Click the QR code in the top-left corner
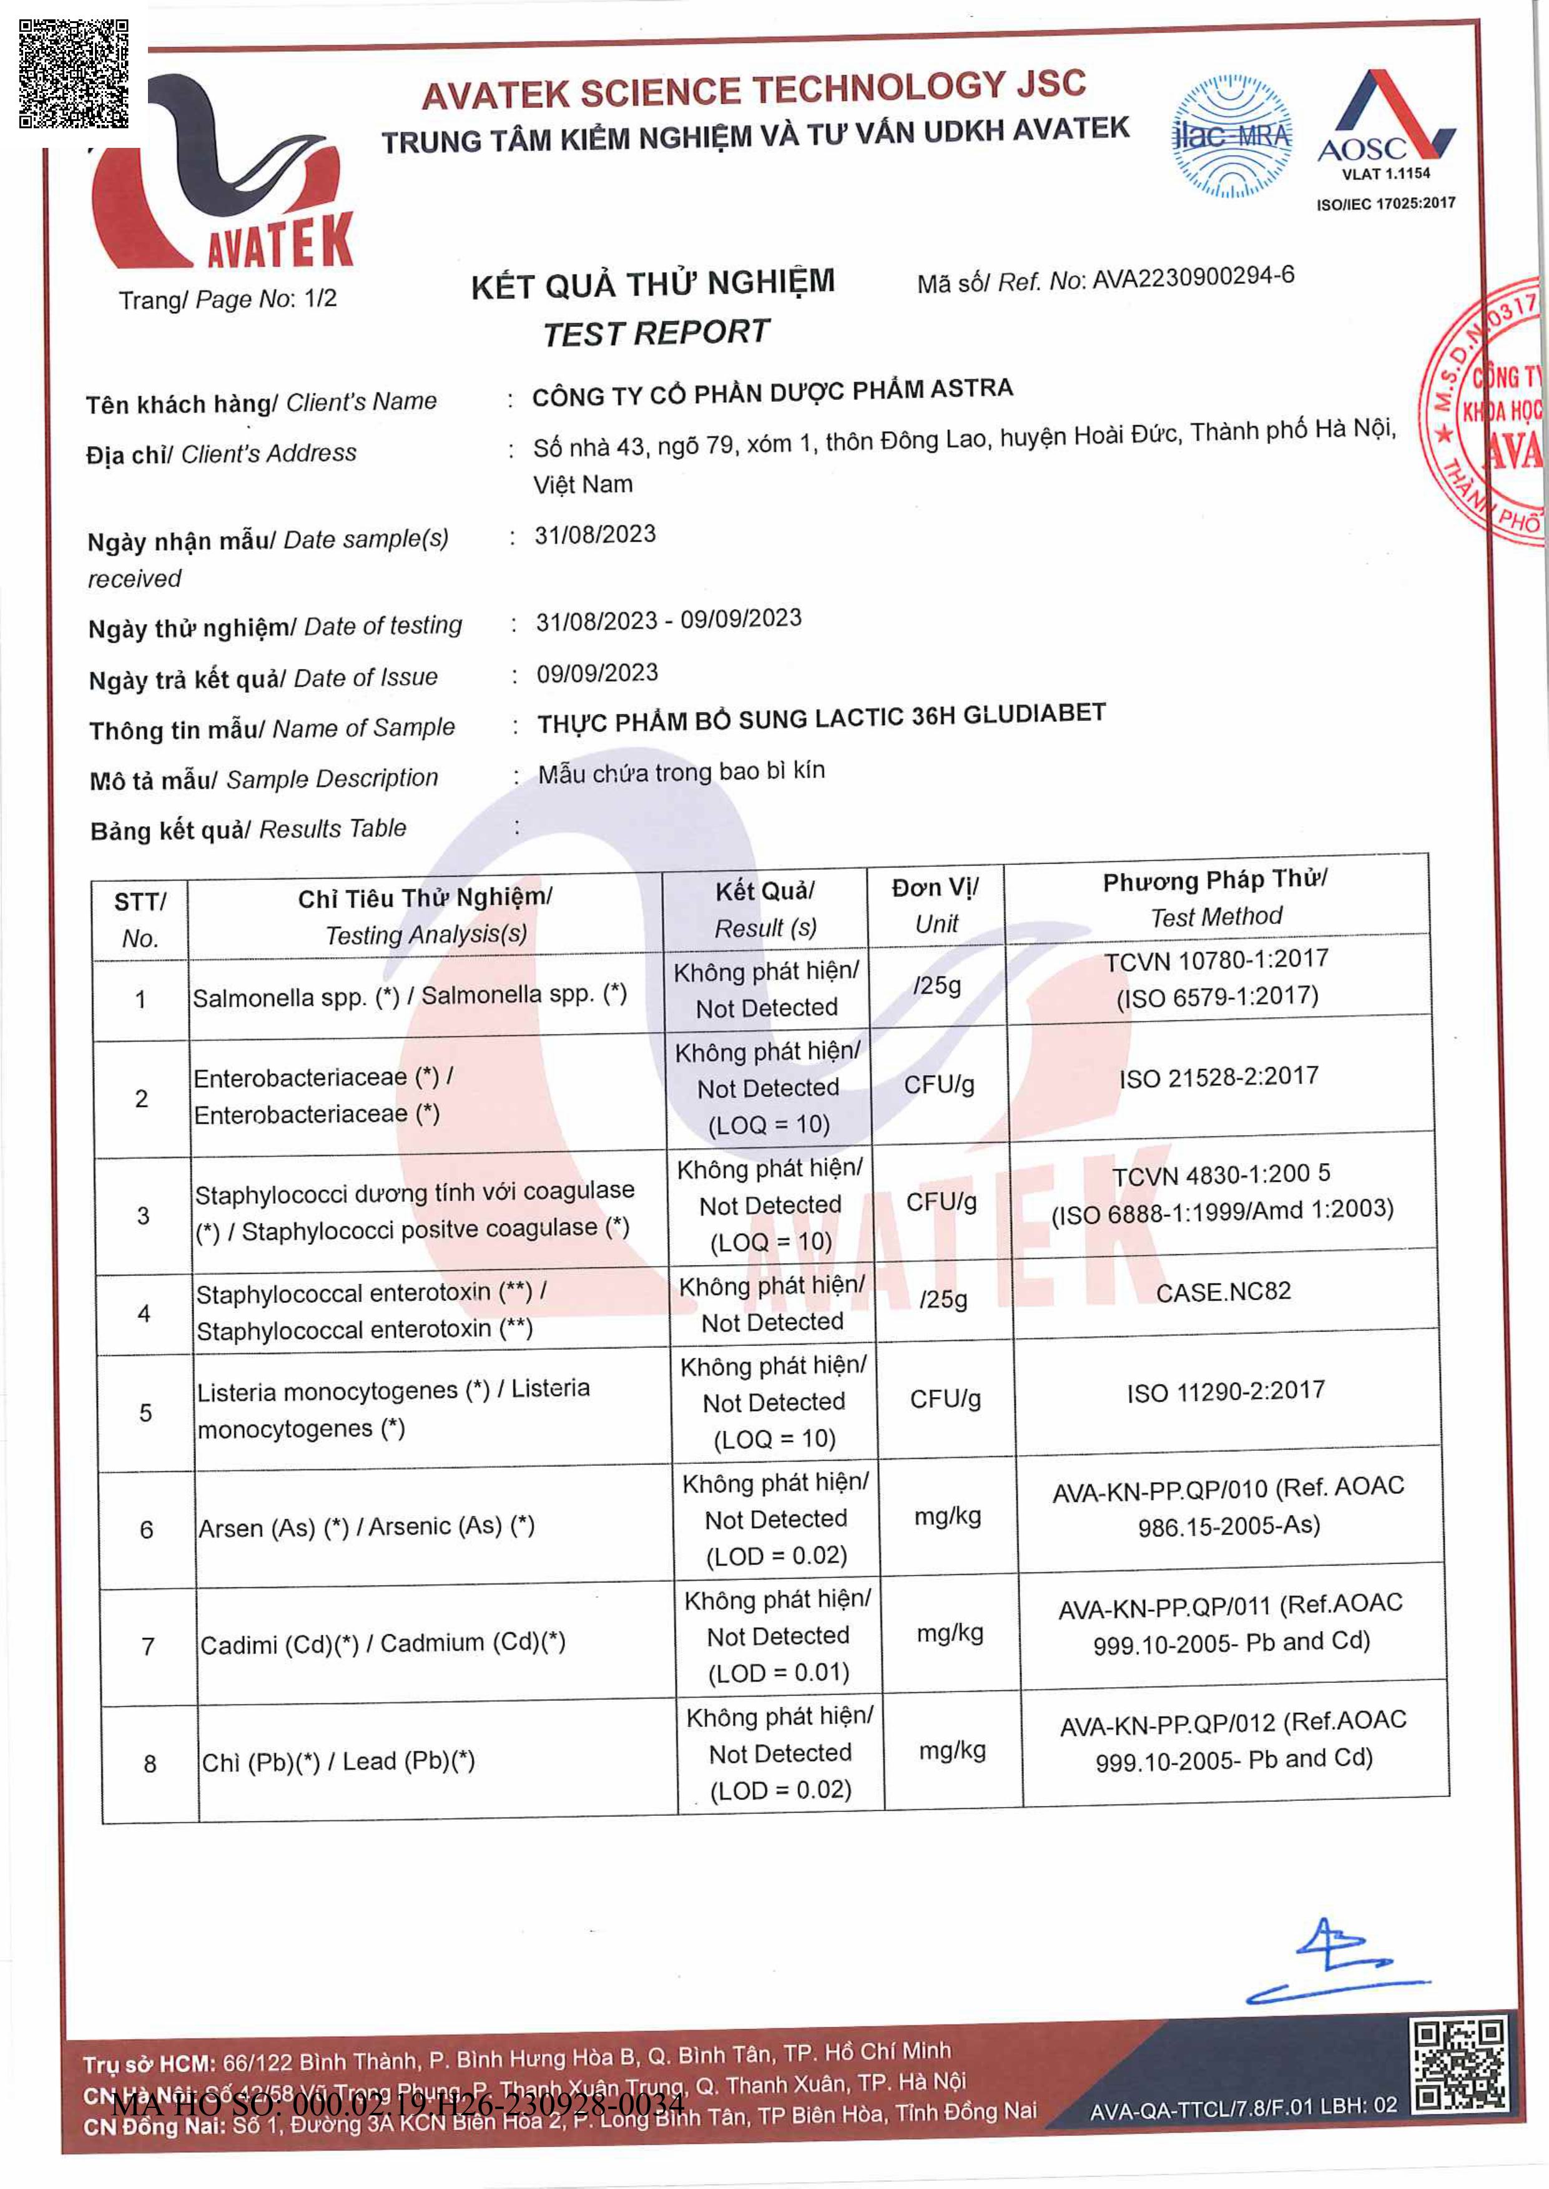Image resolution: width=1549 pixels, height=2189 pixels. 74,74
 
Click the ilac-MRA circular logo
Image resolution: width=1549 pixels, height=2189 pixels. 1231,136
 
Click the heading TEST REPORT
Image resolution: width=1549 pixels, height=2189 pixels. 656,333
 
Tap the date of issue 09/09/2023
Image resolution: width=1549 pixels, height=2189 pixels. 597,673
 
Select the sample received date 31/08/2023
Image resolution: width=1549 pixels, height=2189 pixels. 595,534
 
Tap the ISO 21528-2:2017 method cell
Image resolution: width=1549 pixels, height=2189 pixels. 1218,1077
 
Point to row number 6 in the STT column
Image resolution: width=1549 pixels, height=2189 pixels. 146,1529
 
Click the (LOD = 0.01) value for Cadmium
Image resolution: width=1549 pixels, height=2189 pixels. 779,1673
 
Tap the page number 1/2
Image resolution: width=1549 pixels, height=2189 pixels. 320,298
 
